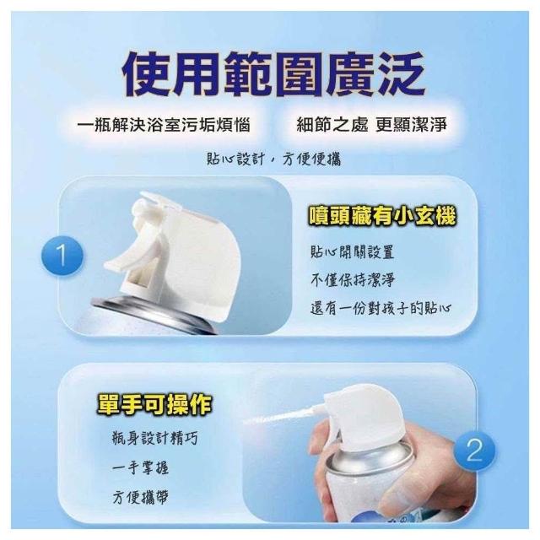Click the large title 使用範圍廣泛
pyautogui.click(x=273, y=75)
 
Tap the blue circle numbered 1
pyautogui.click(x=62, y=256)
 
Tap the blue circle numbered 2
pyautogui.click(x=474, y=450)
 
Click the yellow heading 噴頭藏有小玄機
pyautogui.click(x=382, y=216)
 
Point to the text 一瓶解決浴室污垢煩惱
pyautogui.click(x=164, y=124)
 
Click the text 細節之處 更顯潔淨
pyautogui.click(x=371, y=124)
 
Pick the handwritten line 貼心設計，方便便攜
pyautogui.click(x=273, y=159)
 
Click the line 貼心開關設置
pyautogui.click(x=352, y=251)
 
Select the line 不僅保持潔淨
pyautogui.click(x=352, y=280)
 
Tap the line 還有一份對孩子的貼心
pyautogui.click(x=381, y=308)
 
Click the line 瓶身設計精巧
pyautogui.click(x=155, y=438)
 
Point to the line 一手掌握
pyautogui.click(x=140, y=467)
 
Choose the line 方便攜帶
pyautogui.click(x=140, y=497)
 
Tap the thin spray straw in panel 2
pyautogui.click(x=286, y=416)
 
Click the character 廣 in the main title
pyautogui.click(x=349, y=75)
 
